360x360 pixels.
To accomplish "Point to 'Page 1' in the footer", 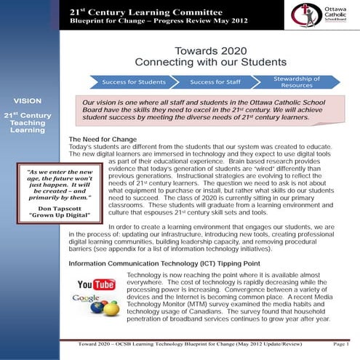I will click(339, 343).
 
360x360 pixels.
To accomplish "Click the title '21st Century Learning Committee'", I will click(113, 12).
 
